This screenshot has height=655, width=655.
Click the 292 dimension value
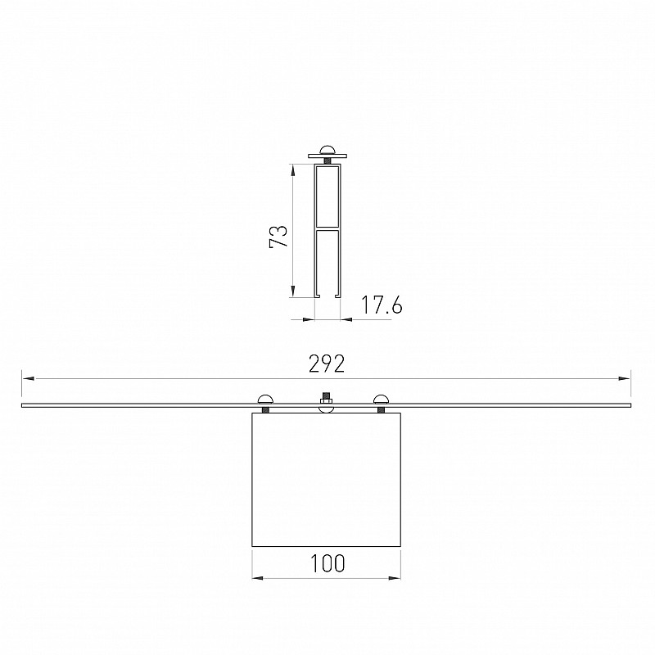coord(327,364)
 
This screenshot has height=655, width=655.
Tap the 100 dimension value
coord(327,563)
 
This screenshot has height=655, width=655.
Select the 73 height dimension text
coord(278,237)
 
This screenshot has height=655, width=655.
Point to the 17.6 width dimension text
coord(381,305)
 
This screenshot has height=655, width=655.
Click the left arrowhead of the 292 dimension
coord(29,378)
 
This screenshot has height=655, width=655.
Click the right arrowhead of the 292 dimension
coord(624,378)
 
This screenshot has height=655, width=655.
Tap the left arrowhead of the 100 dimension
coord(258,578)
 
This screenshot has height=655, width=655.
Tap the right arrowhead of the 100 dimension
coord(395,578)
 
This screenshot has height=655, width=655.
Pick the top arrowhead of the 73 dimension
coord(292,170)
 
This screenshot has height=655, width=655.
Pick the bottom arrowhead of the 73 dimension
coord(292,291)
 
